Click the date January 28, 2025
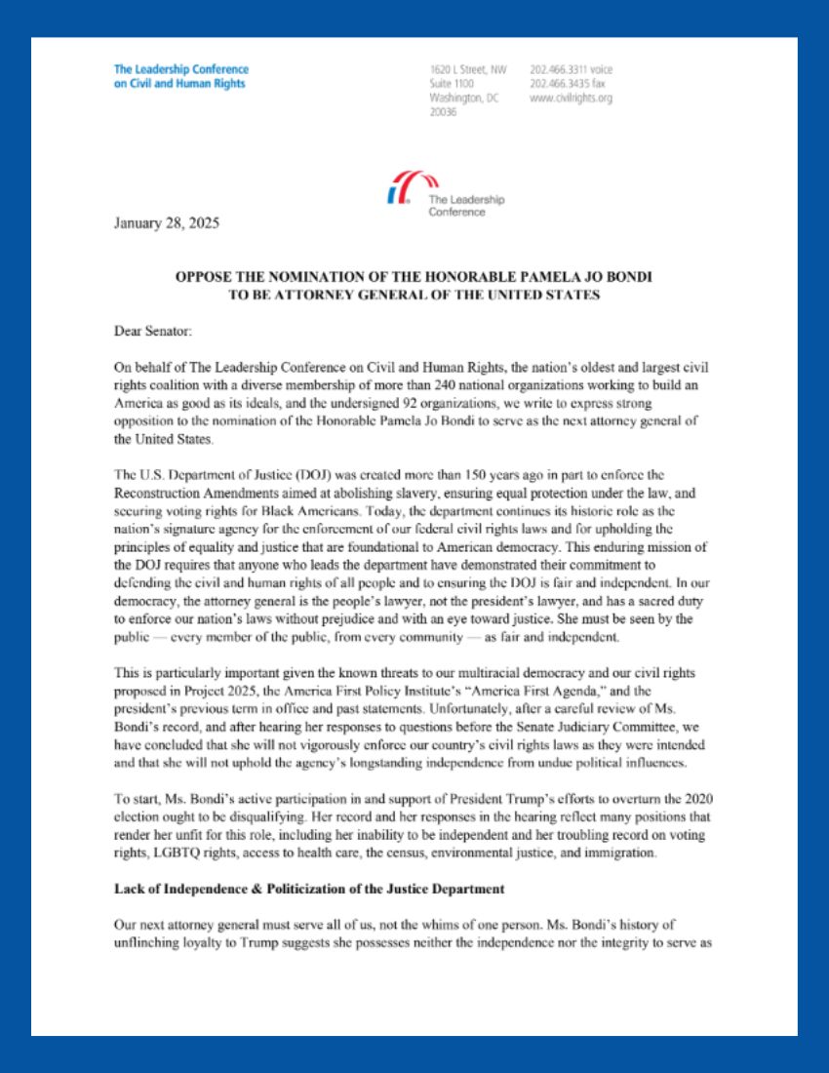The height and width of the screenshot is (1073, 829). [x=167, y=222]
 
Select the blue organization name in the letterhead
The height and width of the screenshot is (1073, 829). [x=180, y=76]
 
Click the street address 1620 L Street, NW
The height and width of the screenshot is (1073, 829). [x=468, y=70]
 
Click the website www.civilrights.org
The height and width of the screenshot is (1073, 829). [x=572, y=99]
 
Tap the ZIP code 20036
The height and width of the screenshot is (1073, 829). [x=443, y=113]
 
